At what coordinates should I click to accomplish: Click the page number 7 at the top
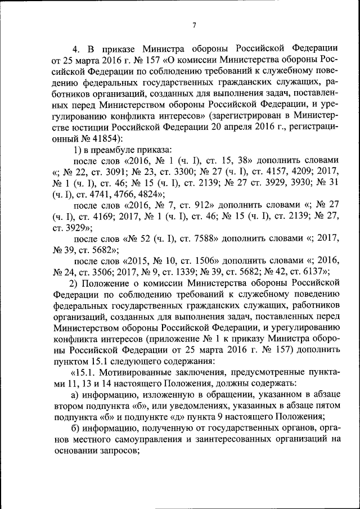click(x=193, y=25)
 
